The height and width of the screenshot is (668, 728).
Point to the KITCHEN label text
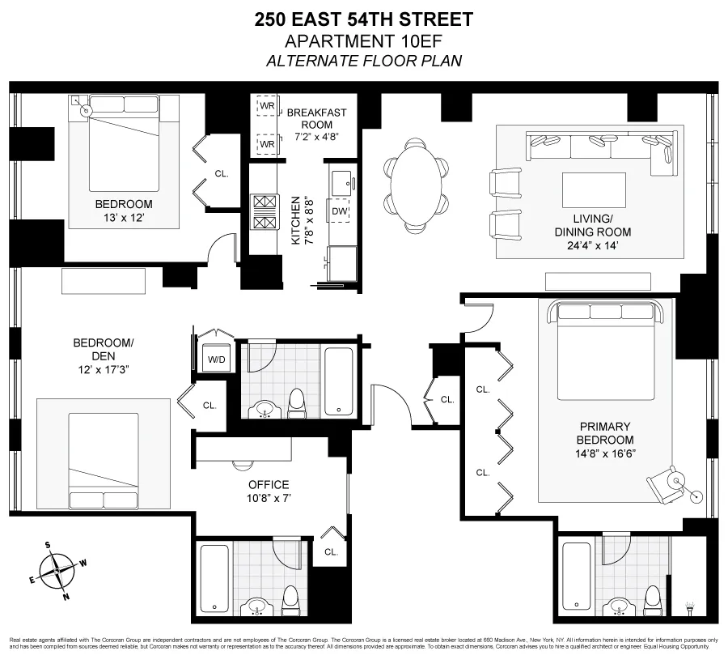pos(296,221)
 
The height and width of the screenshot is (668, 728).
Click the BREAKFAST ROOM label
pos(316,118)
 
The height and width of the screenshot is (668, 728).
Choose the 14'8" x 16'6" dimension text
pos(604,453)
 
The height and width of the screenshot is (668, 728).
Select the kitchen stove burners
pos(265,212)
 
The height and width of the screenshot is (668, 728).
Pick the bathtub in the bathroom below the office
pos(214,577)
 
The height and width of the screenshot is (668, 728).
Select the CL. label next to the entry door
pos(447,399)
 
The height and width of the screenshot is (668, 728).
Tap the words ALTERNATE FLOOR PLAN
pos(364,61)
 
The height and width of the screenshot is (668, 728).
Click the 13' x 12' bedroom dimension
pos(123,218)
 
